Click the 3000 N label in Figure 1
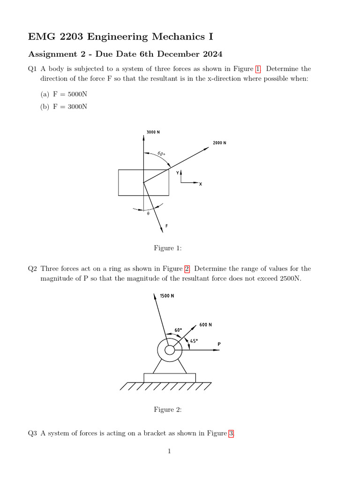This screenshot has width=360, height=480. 153,132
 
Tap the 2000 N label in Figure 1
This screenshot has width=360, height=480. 219,142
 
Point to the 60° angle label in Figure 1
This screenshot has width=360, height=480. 161,154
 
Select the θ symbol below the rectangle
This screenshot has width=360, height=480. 148,213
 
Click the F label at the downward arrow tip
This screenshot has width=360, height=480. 166,226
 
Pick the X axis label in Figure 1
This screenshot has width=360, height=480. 200,184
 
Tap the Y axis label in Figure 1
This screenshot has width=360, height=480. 178,173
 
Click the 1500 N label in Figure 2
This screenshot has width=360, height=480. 167,296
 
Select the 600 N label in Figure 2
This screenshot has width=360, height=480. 205,325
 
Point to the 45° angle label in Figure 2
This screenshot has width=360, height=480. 194,341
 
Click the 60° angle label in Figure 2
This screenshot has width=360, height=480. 178,330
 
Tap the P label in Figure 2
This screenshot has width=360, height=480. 219,345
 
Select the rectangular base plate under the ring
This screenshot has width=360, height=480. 170,377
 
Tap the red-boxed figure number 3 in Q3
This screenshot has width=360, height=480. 231,434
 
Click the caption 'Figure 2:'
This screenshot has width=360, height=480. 167,410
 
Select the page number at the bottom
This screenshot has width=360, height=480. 169,451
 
